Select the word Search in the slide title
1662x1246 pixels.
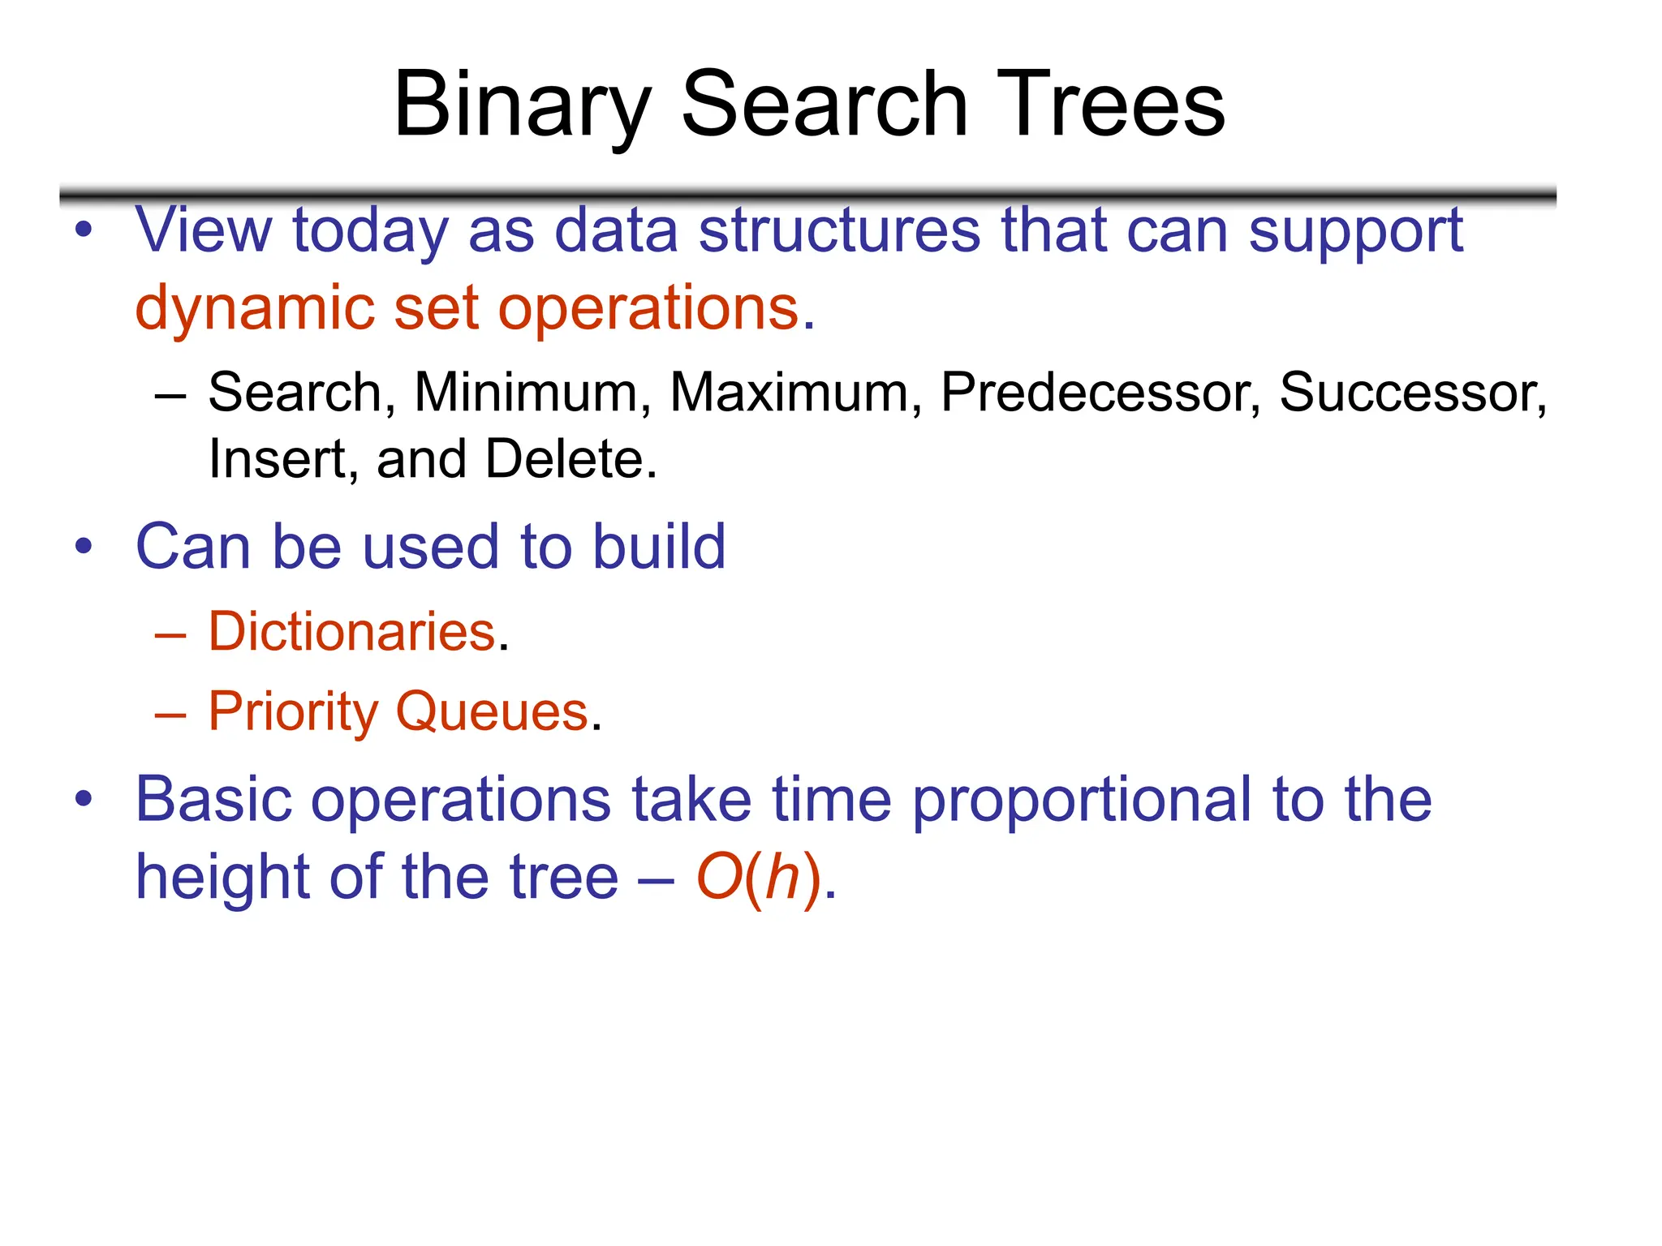point(824,105)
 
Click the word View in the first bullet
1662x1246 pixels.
point(203,230)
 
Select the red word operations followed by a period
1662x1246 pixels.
point(649,309)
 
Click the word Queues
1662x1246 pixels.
point(492,711)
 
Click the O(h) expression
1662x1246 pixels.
point(760,878)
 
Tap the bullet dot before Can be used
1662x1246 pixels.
point(84,547)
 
